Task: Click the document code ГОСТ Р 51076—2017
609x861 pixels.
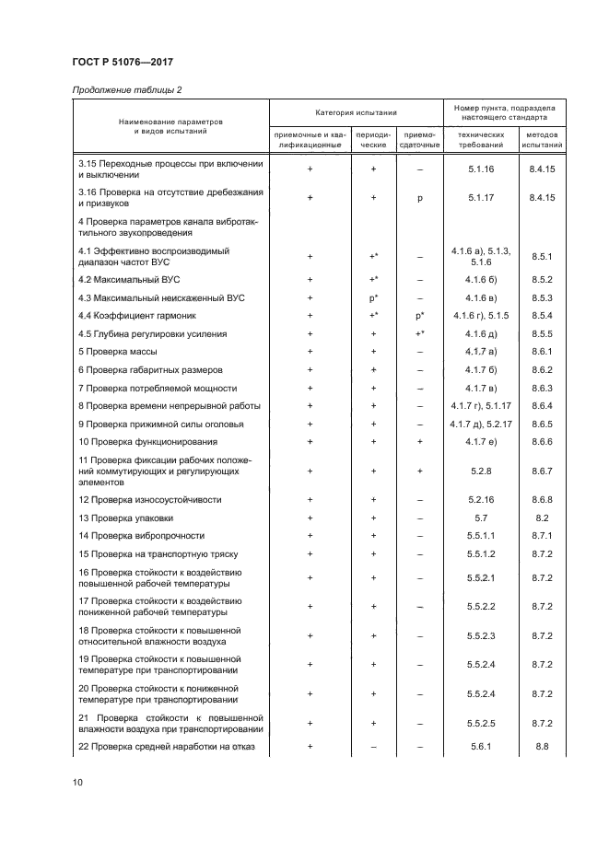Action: pyautogui.click(x=123, y=62)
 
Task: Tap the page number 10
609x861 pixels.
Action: pyautogui.click(x=77, y=783)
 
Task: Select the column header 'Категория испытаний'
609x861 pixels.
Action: pyautogui.click(x=356, y=112)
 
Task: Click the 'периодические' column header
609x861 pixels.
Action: pyautogui.click(x=373, y=139)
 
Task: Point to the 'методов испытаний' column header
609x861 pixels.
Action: pyautogui.click(x=542, y=139)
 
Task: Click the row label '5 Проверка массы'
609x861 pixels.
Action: pyautogui.click(x=118, y=352)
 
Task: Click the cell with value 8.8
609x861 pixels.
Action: pyautogui.click(x=542, y=746)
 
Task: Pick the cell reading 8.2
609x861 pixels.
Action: pyautogui.click(x=542, y=518)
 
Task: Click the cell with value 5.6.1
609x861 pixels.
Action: pyautogui.click(x=482, y=746)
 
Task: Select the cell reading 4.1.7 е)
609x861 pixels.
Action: pyautogui.click(x=482, y=442)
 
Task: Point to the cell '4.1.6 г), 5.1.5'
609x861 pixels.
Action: pyautogui.click(x=482, y=316)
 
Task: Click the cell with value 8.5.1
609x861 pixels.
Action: pyautogui.click(x=542, y=257)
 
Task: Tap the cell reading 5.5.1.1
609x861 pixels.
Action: pyautogui.click(x=482, y=535)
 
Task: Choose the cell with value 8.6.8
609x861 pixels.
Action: pyautogui.click(x=542, y=499)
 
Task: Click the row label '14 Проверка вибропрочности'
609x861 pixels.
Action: pyautogui.click(x=142, y=535)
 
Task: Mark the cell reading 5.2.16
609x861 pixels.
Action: pyautogui.click(x=482, y=499)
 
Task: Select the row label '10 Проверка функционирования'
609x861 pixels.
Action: pyautogui.click(x=147, y=442)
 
